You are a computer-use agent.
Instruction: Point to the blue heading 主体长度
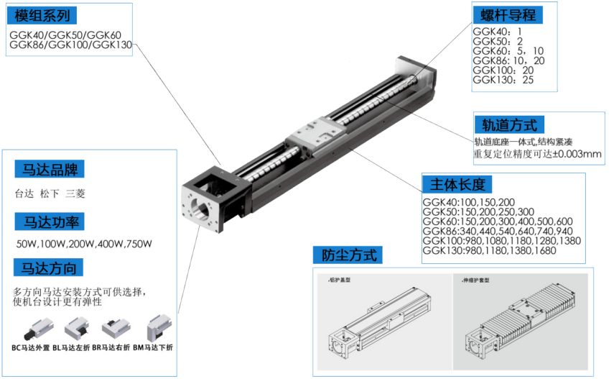pyautogui.click(x=458, y=183)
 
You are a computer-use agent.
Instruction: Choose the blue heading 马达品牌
pyautogui.click(x=49, y=170)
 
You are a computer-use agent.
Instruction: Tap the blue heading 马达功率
pyautogui.click(x=49, y=220)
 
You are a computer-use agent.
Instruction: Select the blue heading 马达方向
pyautogui.click(x=49, y=269)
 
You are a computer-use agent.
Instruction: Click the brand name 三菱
pyautogui.click(x=75, y=193)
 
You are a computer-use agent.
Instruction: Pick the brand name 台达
pyautogui.click(x=24, y=193)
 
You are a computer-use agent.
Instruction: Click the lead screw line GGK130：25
pyautogui.click(x=503, y=80)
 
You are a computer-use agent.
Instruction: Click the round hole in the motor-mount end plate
pyautogui.click(x=203, y=206)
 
